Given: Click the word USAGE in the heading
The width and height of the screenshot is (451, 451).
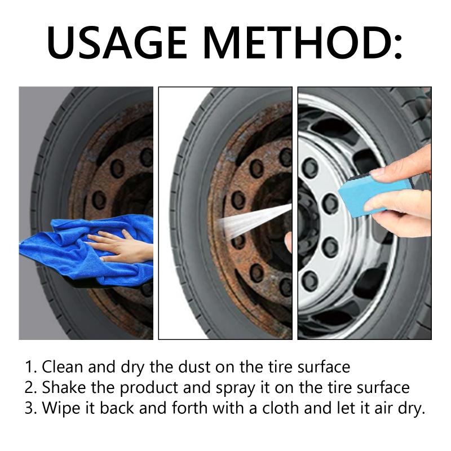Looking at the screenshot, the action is (x=117, y=42).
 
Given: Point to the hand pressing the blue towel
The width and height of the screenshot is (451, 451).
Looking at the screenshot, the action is (x=121, y=246).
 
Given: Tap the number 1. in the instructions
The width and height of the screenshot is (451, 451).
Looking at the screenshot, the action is (x=31, y=367).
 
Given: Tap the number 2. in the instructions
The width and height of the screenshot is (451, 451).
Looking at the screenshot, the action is (x=31, y=387).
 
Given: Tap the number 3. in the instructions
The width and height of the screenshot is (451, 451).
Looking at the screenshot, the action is (x=31, y=408).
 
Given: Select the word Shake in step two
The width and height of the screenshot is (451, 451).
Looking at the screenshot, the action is (x=64, y=387).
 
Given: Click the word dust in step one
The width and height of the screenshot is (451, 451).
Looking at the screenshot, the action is (x=194, y=367).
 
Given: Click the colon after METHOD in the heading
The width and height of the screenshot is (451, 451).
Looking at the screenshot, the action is (x=397, y=47).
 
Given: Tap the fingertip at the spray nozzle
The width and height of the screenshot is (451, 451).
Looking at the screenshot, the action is (x=288, y=242).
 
